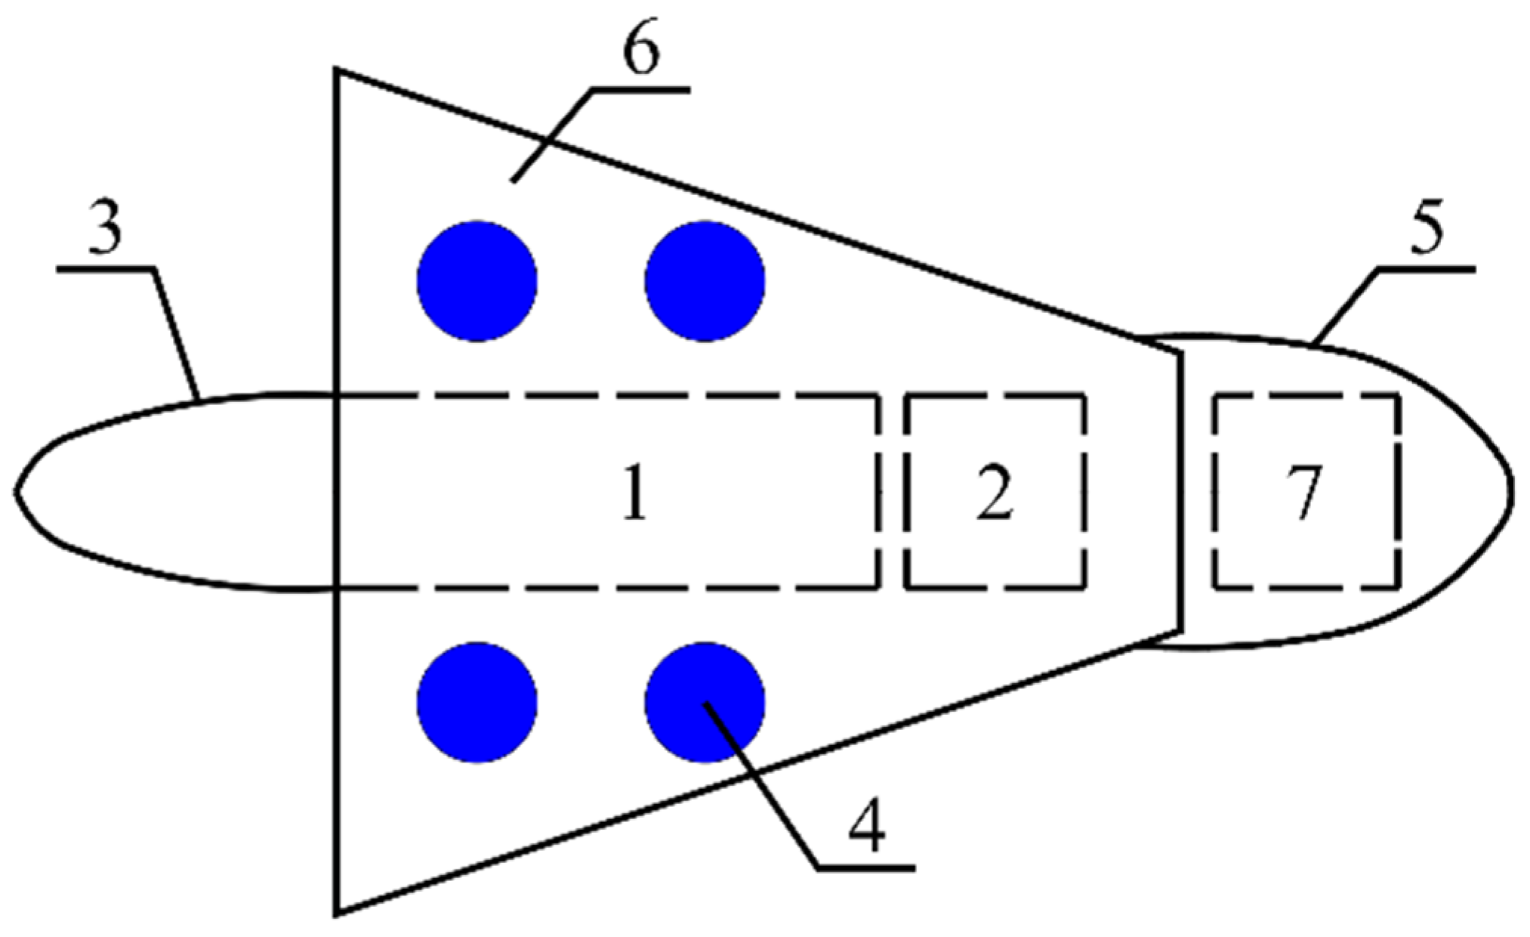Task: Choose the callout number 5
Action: click(x=1424, y=227)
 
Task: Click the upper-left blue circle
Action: click(x=477, y=281)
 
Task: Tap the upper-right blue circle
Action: click(x=705, y=281)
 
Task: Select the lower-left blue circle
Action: click(x=477, y=702)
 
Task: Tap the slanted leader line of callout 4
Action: click(x=763, y=786)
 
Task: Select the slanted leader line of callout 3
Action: click(x=177, y=332)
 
